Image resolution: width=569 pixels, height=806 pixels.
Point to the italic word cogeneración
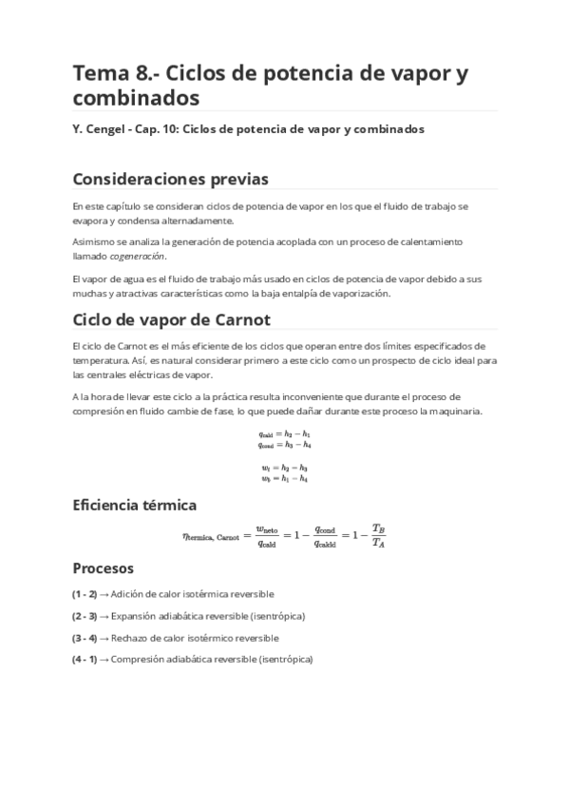click(x=137, y=256)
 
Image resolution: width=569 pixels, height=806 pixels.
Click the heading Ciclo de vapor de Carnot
click(x=172, y=318)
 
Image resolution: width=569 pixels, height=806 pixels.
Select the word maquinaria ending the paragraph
click(x=458, y=411)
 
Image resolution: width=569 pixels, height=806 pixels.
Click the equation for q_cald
click(x=284, y=434)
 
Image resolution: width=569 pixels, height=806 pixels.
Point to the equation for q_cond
click(x=284, y=445)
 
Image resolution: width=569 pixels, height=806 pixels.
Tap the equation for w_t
click(x=284, y=468)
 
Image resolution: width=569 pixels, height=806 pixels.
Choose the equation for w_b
click(x=284, y=478)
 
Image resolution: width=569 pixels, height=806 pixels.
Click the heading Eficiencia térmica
click(x=134, y=505)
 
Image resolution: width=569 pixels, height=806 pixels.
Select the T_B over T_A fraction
click(x=378, y=535)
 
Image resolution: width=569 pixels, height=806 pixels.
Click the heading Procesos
click(x=104, y=567)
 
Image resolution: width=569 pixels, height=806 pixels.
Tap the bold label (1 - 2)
click(x=85, y=594)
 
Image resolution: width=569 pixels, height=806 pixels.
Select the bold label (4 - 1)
click(x=85, y=660)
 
